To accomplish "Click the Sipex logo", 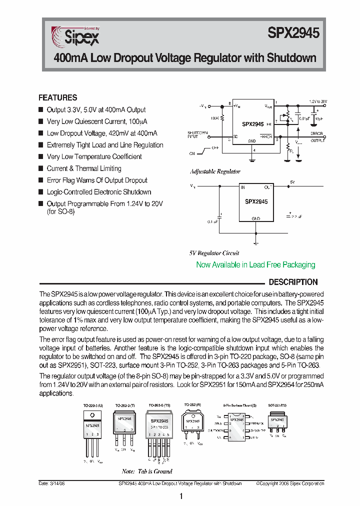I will coord(75,36).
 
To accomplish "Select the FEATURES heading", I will coord(58,98).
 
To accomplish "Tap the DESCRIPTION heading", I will coord(293,282).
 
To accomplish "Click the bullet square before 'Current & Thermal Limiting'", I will coord(41,168).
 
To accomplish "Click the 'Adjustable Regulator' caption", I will coord(215,171).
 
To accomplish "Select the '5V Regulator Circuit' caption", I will coord(214,253).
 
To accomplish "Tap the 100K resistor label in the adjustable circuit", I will coord(214,118).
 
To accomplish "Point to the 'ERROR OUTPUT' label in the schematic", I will coord(317,137).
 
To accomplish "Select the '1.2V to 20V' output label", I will coord(317,101).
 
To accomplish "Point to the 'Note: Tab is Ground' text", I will coord(147,471).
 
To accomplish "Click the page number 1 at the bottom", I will coord(180,496).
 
